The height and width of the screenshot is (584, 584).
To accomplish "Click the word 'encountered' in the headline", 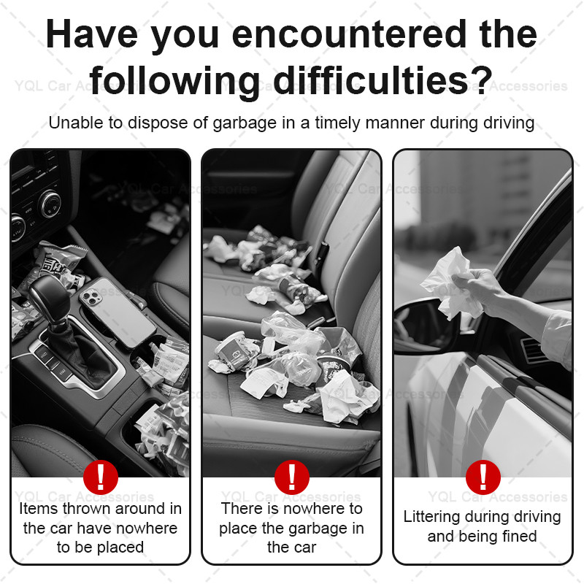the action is coord(349,34).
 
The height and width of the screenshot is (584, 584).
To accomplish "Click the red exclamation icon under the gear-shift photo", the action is coord(101,477).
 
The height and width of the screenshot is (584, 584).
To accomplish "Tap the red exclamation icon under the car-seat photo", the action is coord(291,477).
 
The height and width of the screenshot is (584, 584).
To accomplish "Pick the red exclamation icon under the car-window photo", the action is coord(483,477).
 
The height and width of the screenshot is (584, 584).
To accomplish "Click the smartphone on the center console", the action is coord(118,312).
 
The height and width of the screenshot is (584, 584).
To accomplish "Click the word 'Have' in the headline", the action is coord(92,34).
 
